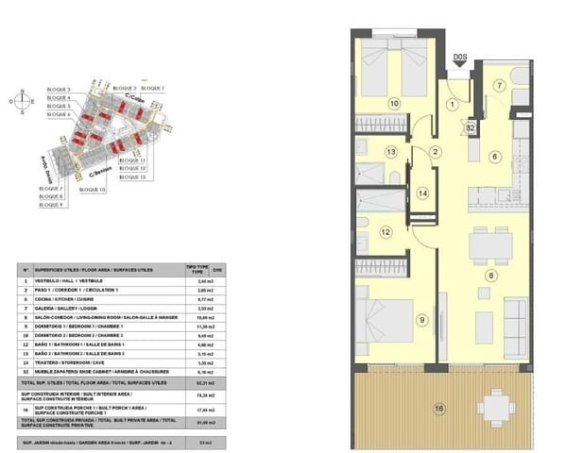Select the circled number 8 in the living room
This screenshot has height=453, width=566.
tap(489, 276)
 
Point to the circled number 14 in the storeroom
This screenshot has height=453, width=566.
tap(422, 193)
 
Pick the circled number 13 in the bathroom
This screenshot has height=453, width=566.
tap(390, 152)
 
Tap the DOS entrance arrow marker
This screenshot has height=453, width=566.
tap(459, 62)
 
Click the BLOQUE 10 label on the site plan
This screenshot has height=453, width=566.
tap(92, 190)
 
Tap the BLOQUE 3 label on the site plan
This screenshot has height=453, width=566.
tap(59, 89)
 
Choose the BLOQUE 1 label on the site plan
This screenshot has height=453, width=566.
tap(152, 88)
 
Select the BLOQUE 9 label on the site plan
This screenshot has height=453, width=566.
tap(51, 204)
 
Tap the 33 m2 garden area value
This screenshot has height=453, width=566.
tap(195, 443)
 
